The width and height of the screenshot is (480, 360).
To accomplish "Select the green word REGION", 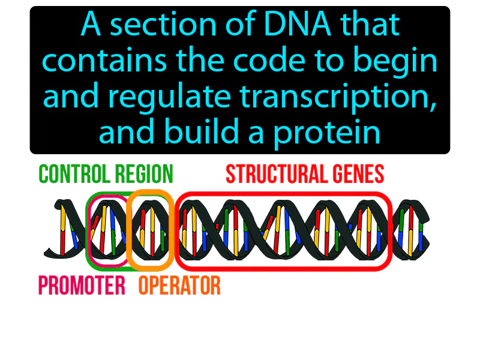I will pyautogui.click(x=143, y=175).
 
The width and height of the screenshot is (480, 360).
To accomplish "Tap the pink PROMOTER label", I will pyautogui.click(x=82, y=286).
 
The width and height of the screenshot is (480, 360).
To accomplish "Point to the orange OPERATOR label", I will pyautogui.click(x=179, y=286).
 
